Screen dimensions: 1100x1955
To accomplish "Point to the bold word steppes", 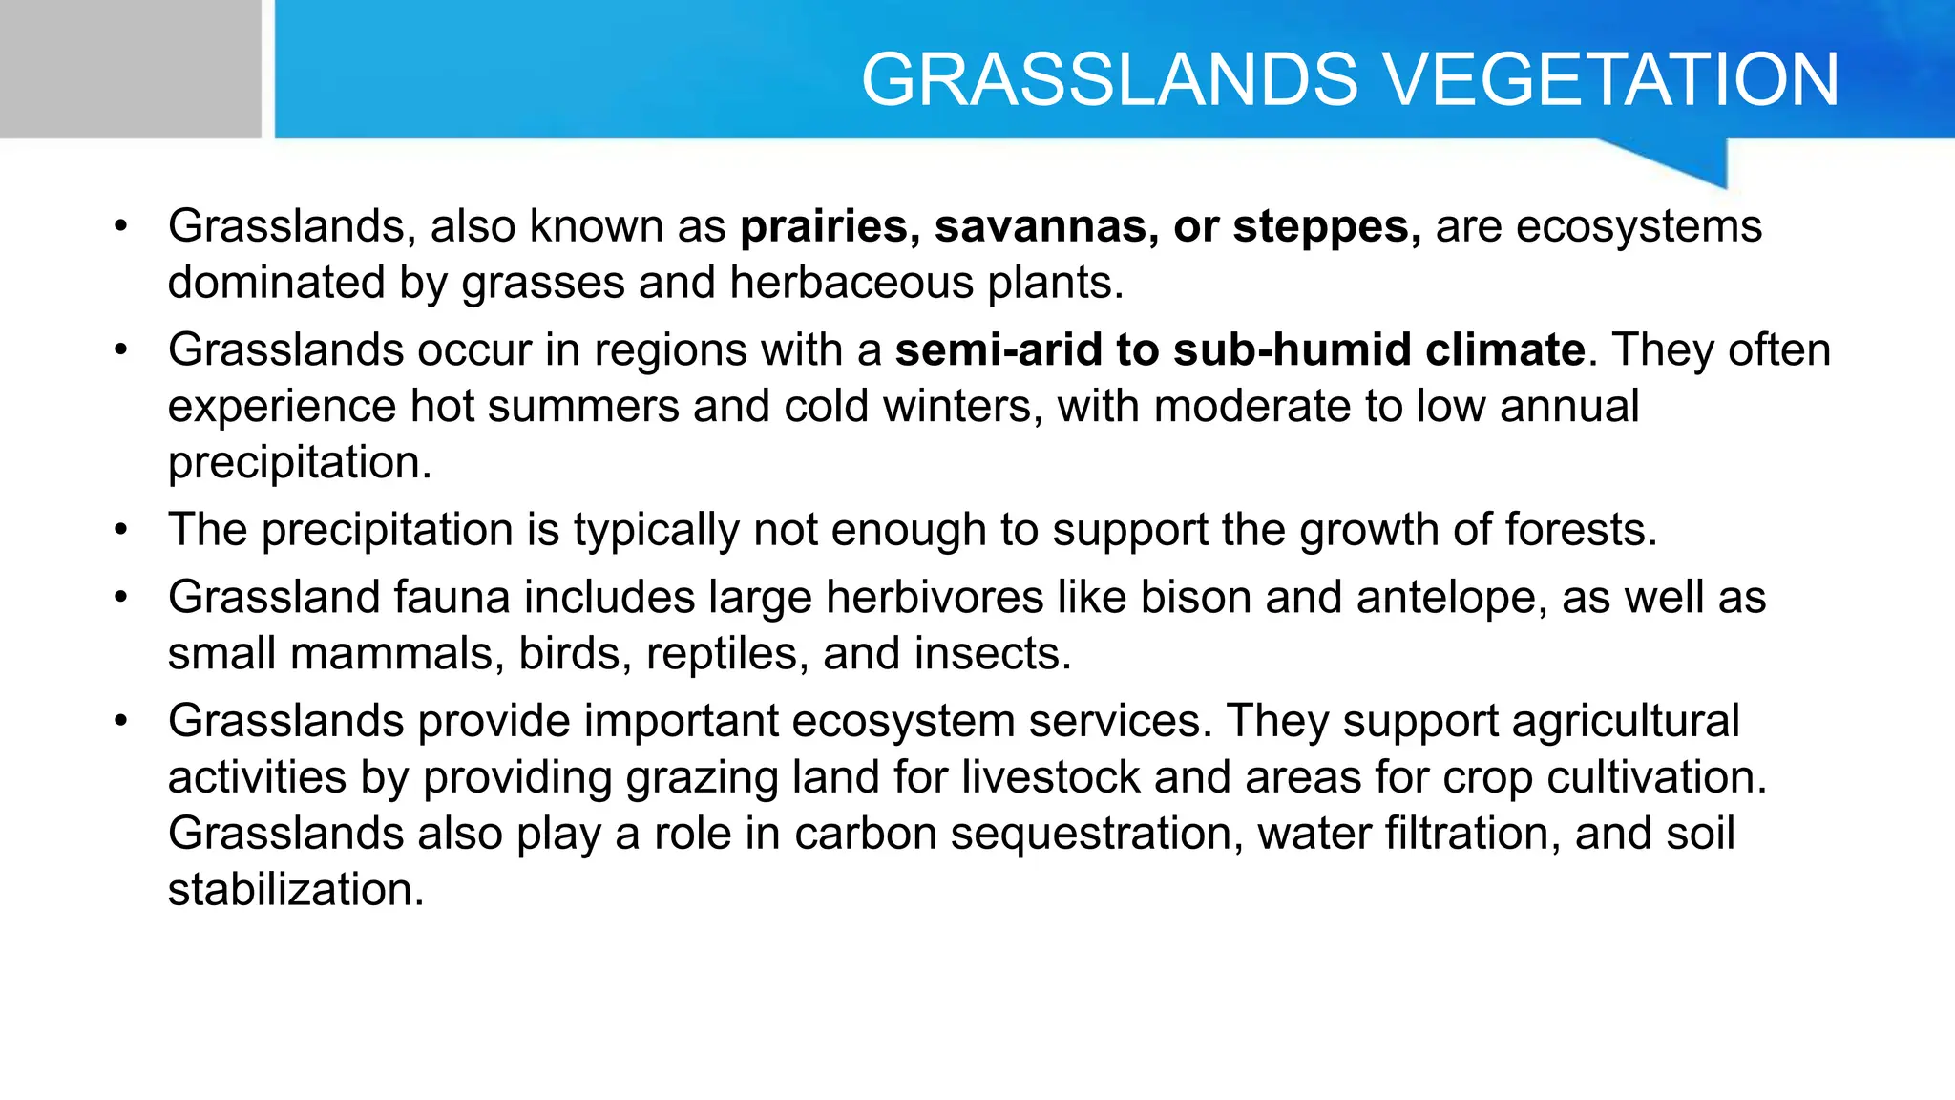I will click(1325, 227).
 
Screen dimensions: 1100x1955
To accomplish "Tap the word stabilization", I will click(295, 890).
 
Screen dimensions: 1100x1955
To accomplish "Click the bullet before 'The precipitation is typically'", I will click(120, 530).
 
